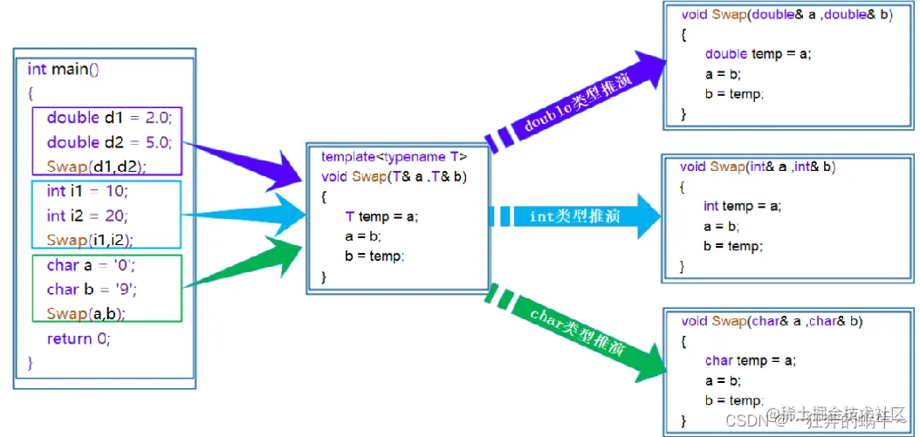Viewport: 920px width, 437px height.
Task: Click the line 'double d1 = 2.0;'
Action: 108,118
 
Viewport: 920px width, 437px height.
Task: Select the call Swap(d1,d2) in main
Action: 96,166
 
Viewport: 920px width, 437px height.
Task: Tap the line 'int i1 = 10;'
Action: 87,191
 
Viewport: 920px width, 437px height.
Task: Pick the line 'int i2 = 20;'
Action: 87,215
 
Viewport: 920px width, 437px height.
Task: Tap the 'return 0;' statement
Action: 79,338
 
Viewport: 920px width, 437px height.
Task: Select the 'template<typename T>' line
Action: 394,157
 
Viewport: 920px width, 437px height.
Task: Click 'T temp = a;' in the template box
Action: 381,216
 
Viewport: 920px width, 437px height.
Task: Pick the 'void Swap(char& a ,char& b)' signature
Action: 772,321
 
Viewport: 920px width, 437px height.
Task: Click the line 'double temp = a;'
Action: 758,54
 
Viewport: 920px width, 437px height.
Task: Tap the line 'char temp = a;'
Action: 751,360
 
